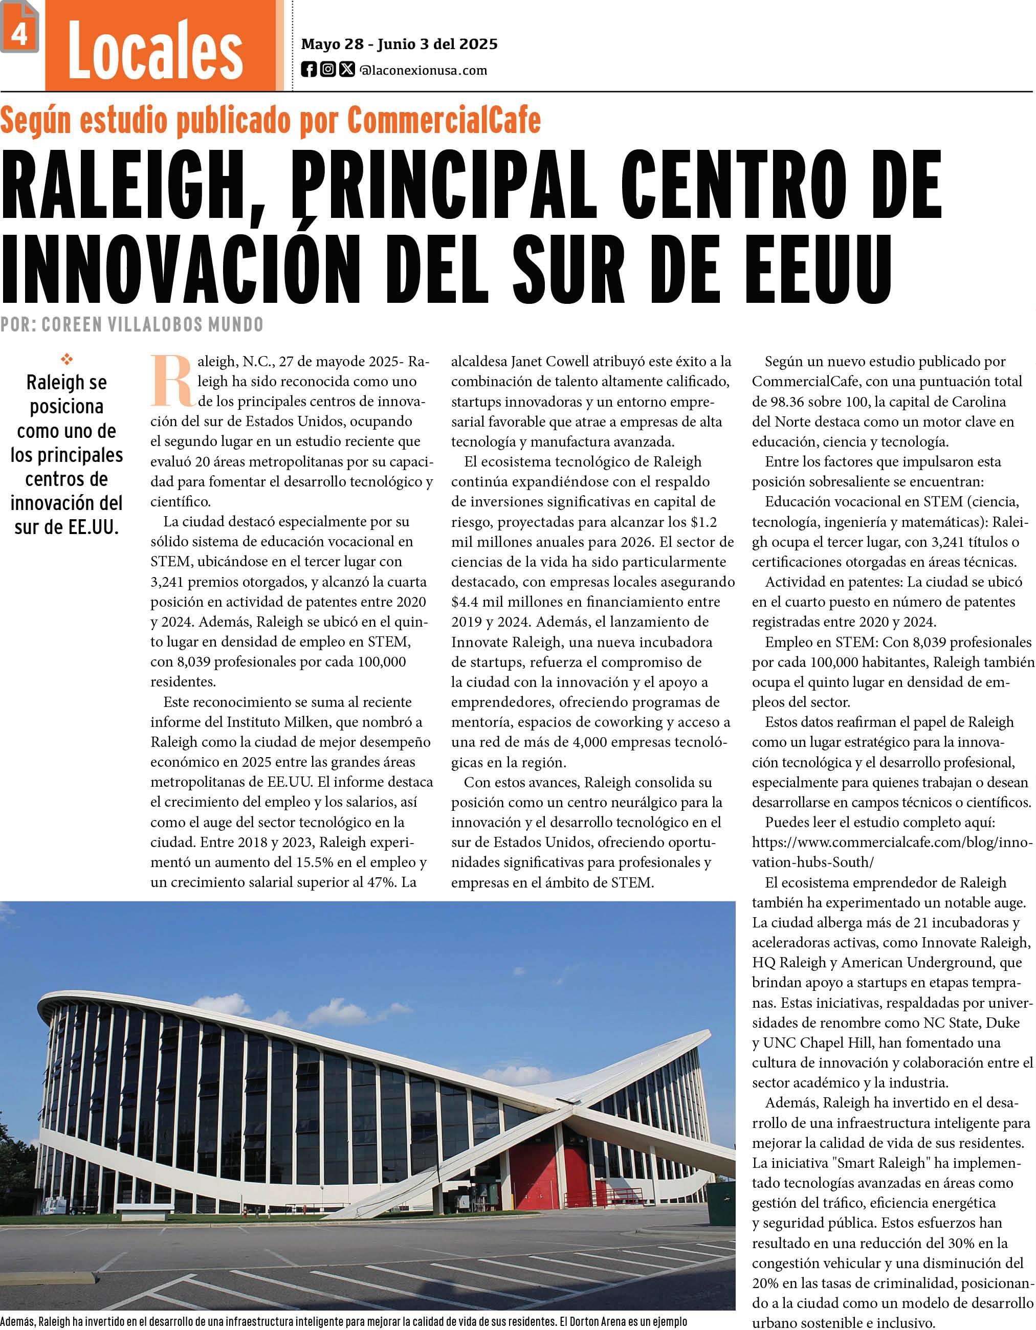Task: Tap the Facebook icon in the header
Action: (309, 70)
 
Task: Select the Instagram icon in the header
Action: (327, 70)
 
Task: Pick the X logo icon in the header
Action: (346, 70)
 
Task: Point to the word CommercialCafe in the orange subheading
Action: (444, 120)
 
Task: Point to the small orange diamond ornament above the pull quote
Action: (67, 359)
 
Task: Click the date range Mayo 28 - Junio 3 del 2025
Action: (400, 44)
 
